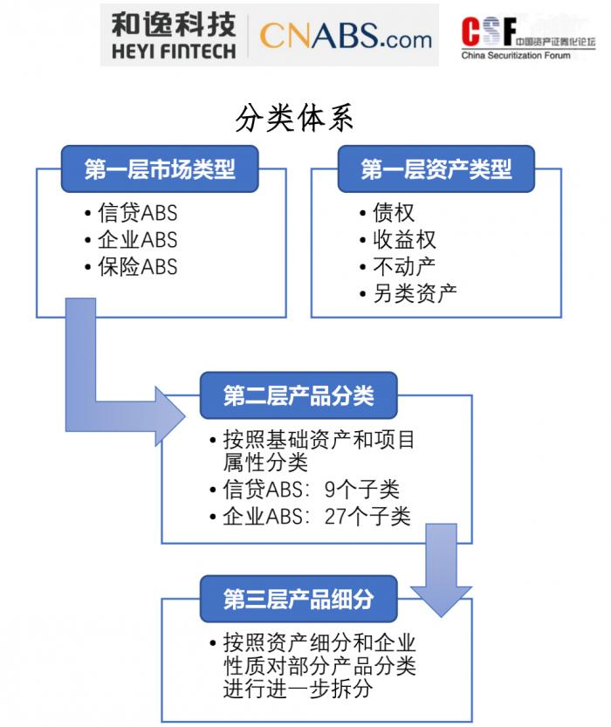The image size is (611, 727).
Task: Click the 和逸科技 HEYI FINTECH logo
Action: point(174,35)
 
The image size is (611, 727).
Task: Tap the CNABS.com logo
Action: point(346,36)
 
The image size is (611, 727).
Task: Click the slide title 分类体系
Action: point(295,117)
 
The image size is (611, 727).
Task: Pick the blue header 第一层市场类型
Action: point(160,168)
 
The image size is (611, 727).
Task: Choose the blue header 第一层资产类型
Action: point(436,168)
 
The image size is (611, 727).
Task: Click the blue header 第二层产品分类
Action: point(299,395)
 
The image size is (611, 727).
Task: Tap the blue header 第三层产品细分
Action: point(299,599)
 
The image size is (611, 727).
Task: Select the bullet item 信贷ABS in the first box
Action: point(137,213)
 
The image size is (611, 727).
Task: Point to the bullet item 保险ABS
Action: point(137,266)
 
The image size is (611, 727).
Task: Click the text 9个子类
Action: point(361,489)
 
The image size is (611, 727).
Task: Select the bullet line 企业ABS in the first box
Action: point(137,239)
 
